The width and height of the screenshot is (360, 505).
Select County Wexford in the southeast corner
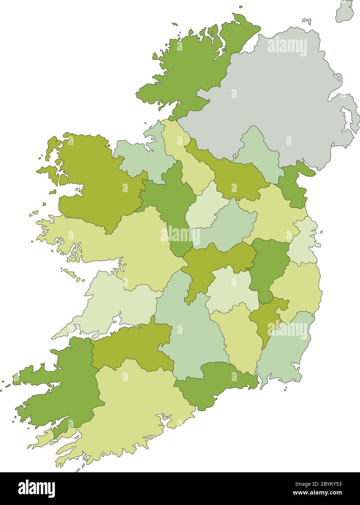pyautogui.click(x=287, y=349)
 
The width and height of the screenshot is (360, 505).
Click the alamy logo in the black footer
pyautogui.click(x=36, y=488)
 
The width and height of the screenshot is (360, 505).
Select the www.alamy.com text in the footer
pyautogui.click(x=316, y=493)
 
